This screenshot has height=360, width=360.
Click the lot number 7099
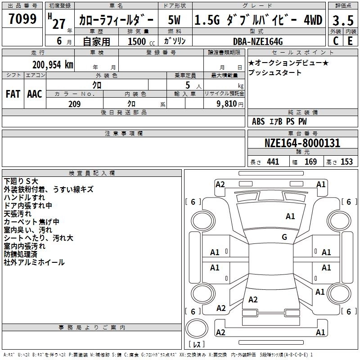coord(22,19)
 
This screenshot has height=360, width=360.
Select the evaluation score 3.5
coord(343,20)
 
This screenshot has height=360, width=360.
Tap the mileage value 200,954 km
coord(52,64)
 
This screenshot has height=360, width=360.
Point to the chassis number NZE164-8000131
coord(302,144)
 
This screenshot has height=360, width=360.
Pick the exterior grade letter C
coord(336,41)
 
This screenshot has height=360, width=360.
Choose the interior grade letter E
coord(350,41)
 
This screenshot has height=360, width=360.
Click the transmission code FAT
coord(13,94)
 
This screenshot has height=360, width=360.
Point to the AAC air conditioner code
coord(35,94)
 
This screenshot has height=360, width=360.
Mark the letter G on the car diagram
coord(284,237)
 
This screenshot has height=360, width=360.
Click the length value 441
coord(273,162)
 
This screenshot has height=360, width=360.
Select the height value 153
coord(346,162)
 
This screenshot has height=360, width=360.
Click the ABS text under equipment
coord(258,121)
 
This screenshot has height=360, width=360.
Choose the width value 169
coord(310,162)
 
